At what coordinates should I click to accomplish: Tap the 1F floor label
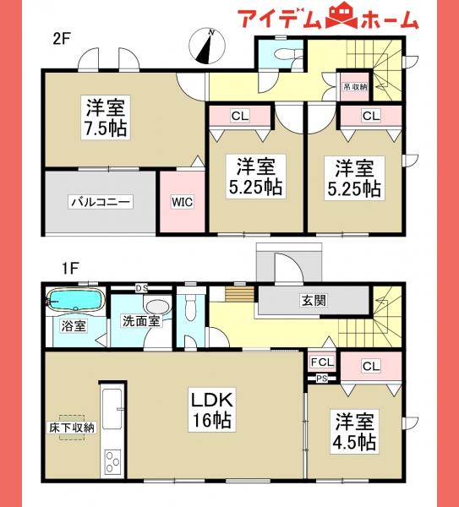[x=68, y=268]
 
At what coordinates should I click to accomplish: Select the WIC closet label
[x=183, y=202]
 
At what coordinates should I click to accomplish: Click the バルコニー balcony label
[x=100, y=202]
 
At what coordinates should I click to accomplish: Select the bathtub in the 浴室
[x=74, y=300]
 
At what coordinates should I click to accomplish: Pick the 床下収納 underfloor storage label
[x=71, y=427]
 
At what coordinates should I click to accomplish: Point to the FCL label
[x=321, y=363]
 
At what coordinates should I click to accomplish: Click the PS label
[x=321, y=378]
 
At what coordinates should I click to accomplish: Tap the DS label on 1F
[x=141, y=288]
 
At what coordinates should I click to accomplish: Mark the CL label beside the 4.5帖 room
[x=369, y=366]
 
